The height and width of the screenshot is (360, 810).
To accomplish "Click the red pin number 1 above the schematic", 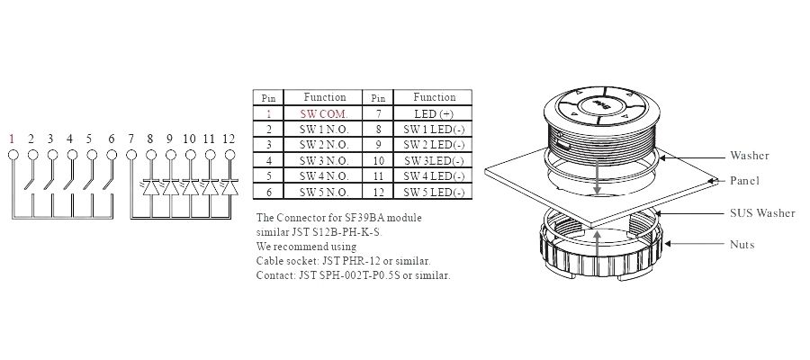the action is pos(12,139).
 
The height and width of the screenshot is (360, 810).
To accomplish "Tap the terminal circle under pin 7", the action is pos(131,155).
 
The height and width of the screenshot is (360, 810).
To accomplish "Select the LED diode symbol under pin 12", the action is pos(229,187).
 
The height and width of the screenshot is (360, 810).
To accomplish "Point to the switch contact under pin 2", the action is pos(28,176).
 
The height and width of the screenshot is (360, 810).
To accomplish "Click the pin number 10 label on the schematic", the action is pos(189,139).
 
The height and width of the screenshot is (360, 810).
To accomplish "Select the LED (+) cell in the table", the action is pos(434,113).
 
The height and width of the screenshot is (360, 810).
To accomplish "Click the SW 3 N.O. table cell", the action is pos(324,160).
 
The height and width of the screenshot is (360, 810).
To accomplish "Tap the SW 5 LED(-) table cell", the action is pos(434,192).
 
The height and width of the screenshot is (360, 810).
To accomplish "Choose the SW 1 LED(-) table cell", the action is pos(434,129).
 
